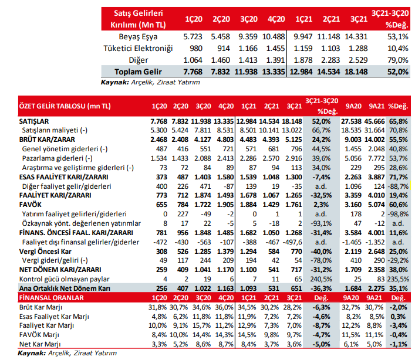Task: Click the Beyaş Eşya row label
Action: point(138,37)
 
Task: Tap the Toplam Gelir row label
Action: point(138,72)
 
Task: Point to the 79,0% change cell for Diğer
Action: point(398,60)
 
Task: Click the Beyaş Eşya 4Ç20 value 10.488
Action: point(274,37)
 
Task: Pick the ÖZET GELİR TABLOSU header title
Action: point(65,106)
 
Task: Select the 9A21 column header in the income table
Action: point(376,106)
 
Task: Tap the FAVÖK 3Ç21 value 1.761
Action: point(293,205)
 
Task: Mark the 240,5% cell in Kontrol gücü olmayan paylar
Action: point(321,279)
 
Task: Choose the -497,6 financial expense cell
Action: point(292,242)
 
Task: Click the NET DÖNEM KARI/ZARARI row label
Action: point(60,270)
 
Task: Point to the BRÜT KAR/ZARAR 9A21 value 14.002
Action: point(374,140)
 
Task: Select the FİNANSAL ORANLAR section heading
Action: point(51,298)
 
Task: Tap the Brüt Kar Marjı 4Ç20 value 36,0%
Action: point(224,307)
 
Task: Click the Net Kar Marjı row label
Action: point(40,344)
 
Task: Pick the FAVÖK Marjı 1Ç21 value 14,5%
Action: point(247,335)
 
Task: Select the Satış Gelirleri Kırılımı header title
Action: point(138,19)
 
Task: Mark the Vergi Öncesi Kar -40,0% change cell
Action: point(321,252)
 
